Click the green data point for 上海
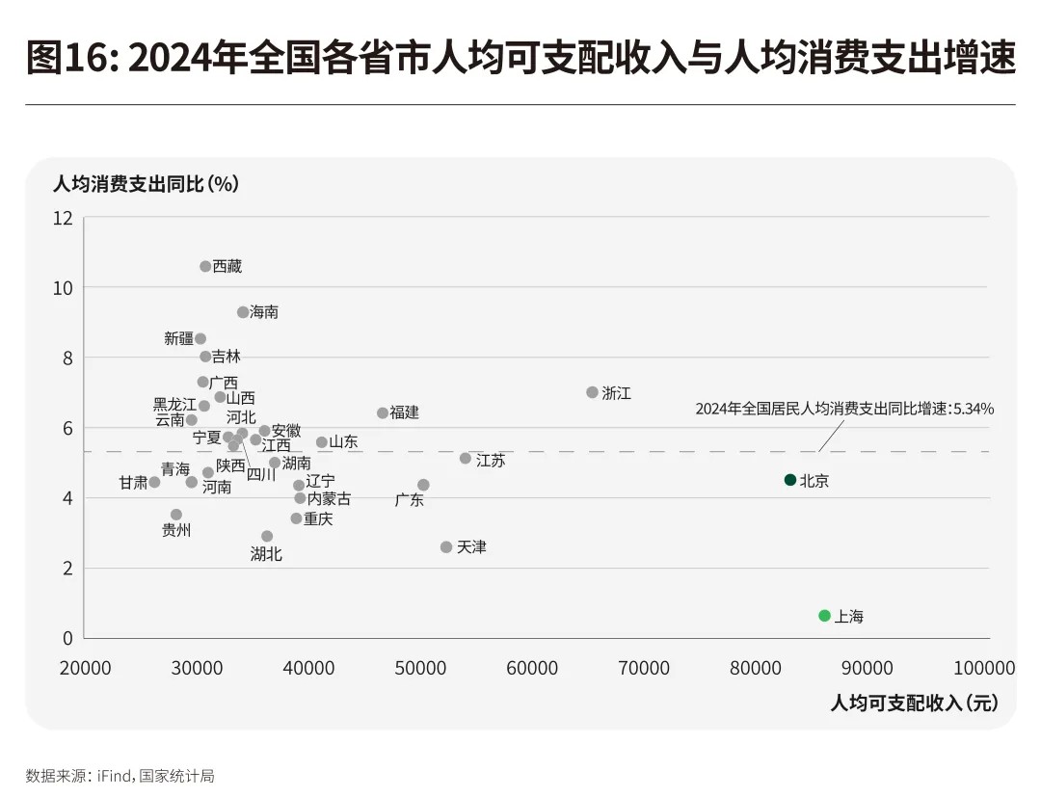(x=824, y=615)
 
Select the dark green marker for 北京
(x=790, y=480)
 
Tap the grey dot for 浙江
(x=592, y=392)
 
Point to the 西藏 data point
(x=205, y=266)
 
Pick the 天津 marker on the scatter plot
(x=446, y=546)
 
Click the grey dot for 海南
(x=243, y=312)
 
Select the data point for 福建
(x=383, y=412)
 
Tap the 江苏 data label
(x=490, y=461)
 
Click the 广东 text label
(x=410, y=500)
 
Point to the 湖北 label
(x=266, y=554)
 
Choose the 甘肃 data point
(x=154, y=482)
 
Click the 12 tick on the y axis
(x=63, y=218)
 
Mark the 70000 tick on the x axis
(x=643, y=668)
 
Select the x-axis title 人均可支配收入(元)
(x=914, y=704)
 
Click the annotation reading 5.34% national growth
(x=844, y=409)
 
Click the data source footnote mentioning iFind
(x=120, y=775)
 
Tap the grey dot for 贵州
(x=176, y=515)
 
